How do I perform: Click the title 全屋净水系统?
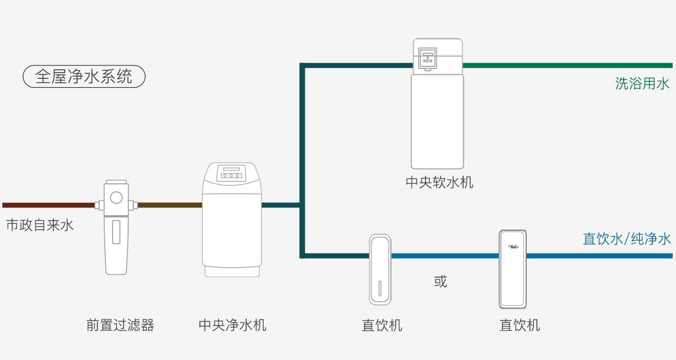coord(84,77)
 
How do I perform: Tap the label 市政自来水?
coord(39,226)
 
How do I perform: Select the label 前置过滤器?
coord(120,325)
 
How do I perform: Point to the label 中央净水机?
coord(232,325)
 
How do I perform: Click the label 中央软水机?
coord(439,183)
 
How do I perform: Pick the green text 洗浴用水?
coord(642,84)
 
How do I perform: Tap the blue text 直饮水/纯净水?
coord(626,239)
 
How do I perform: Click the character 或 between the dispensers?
coord(441,281)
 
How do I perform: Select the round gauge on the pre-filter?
coord(117,197)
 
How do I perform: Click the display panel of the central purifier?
coord(232,171)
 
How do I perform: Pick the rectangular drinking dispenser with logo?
coord(513,269)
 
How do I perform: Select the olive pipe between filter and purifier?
coord(170,205)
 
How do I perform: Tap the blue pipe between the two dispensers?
coord(445,256)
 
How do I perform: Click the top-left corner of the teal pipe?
coord(303,66)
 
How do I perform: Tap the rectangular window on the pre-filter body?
coord(116,232)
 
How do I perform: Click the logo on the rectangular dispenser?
coord(513,246)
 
